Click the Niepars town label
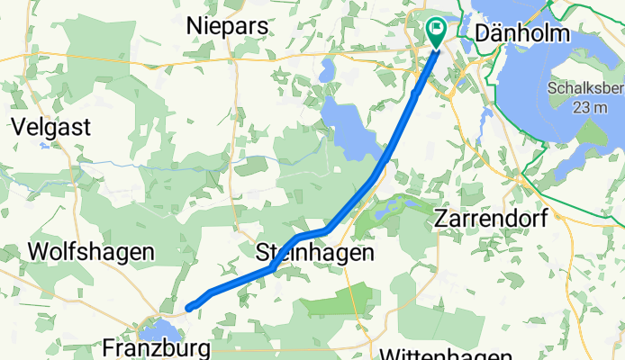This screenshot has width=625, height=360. pyautogui.click(x=227, y=27)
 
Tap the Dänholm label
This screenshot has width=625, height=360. pyautogui.click(x=523, y=34)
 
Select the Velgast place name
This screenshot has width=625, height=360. pyautogui.click(x=50, y=127)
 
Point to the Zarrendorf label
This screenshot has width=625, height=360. pyautogui.click(x=492, y=219)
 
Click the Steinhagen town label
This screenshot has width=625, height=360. pyautogui.click(x=314, y=253)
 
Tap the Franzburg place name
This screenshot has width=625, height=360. pyautogui.click(x=159, y=347)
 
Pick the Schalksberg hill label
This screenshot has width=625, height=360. pyautogui.click(x=585, y=89)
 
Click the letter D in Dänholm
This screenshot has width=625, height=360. pyautogui.click(x=483, y=34)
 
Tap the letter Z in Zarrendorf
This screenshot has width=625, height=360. pyautogui.click(x=442, y=219)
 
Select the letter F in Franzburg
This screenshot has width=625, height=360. pyautogui.click(x=110, y=347)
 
